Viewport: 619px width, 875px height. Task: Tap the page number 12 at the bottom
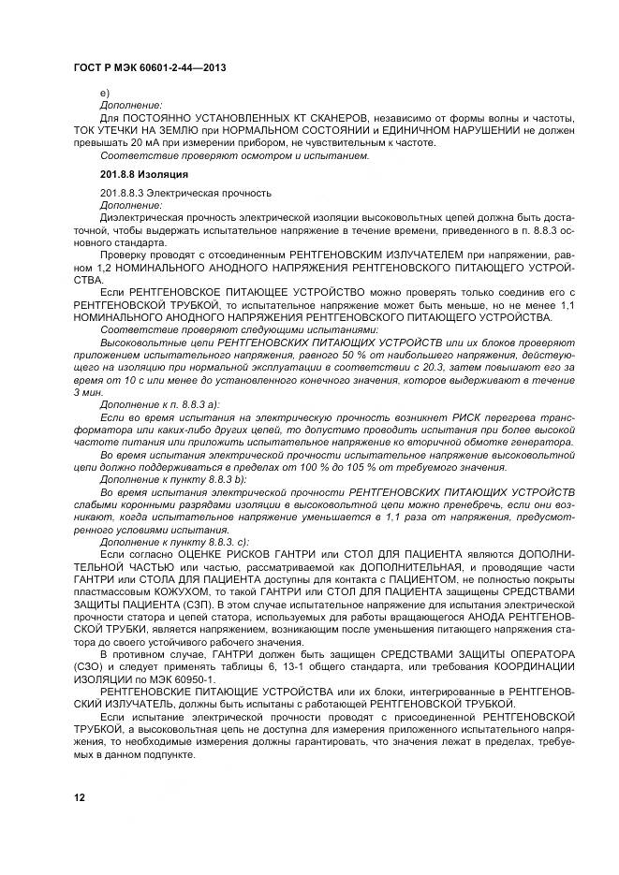tap(79, 797)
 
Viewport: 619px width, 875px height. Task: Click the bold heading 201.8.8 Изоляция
tap(144, 174)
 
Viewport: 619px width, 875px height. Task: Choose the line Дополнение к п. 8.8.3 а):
tap(159, 403)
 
